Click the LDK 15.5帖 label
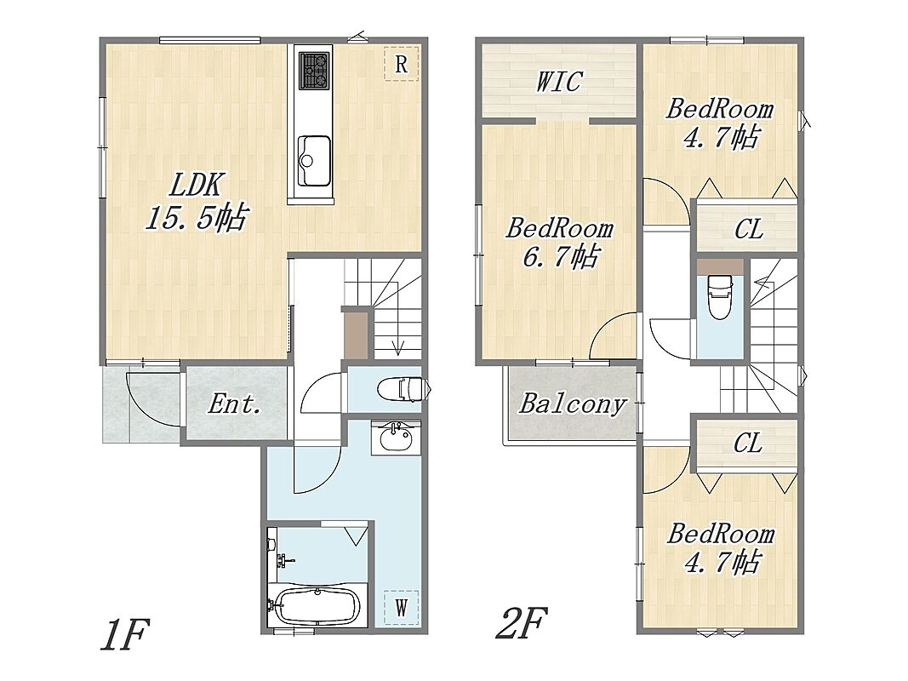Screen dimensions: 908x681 click(197, 202)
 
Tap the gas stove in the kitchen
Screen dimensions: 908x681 click(315, 71)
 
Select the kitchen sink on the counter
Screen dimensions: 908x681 click(314, 160)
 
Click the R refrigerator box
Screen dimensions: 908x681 click(401, 64)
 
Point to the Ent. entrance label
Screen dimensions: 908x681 click(235, 403)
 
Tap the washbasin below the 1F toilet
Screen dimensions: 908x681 click(396, 438)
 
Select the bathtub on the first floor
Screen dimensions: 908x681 click(317, 606)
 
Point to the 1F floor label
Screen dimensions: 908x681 click(125, 635)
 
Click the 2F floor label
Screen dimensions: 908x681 click(522, 622)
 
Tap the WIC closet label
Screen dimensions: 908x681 click(558, 82)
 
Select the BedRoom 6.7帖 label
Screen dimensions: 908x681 click(559, 242)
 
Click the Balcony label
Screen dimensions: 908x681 click(573, 404)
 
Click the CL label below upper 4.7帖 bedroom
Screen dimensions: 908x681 click(748, 230)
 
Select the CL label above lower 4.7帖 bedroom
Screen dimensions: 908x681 click(748, 444)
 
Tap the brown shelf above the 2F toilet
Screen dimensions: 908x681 click(720, 266)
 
